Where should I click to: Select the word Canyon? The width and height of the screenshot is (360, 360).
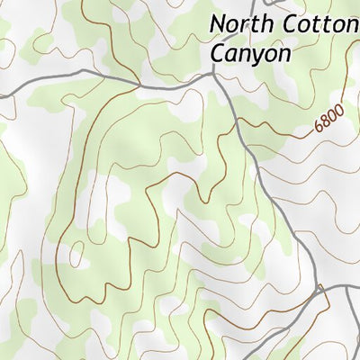pos(250,53)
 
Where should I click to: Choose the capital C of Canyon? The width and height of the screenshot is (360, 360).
pos(217,53)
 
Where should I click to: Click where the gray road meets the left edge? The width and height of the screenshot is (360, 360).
pos(2,88)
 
